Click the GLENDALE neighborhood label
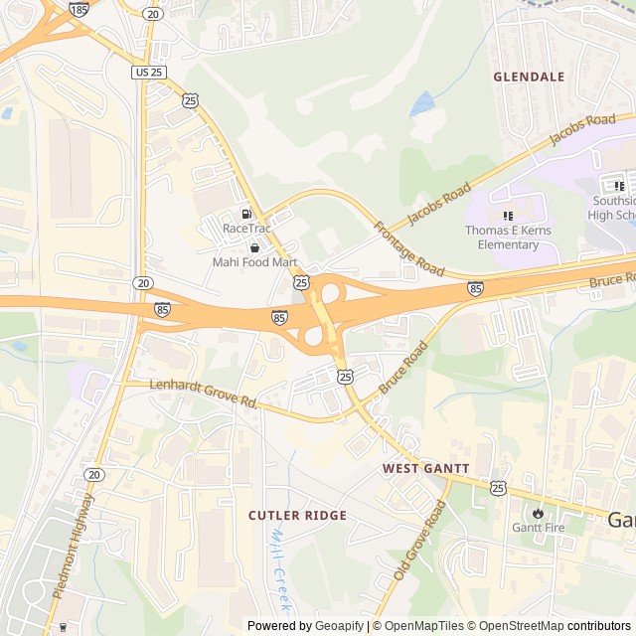529,77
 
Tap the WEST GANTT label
426,467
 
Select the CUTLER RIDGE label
297,515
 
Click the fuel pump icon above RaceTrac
245,214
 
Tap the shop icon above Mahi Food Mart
254,247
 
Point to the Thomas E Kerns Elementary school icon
508,216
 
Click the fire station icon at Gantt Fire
538,513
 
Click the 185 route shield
79,9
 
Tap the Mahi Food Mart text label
255,262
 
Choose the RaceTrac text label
246,229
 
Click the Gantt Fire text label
538,528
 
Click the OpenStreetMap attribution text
516,626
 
